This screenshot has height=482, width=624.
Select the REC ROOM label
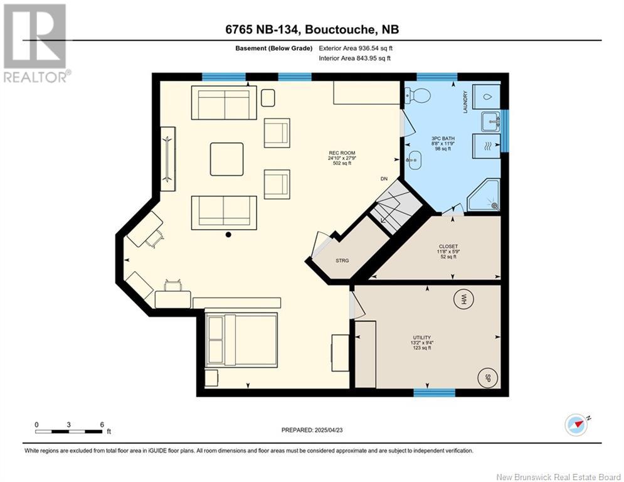342,153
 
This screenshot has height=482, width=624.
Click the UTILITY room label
422,338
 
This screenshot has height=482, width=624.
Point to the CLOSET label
448,247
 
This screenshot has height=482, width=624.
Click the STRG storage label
342,260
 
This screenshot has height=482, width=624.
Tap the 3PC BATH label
443,139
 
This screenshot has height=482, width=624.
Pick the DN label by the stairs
384,179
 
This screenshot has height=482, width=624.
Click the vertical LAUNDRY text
465,102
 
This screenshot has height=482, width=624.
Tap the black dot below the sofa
228,235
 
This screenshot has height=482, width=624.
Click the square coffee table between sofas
227,159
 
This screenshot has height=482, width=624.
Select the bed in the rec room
241,340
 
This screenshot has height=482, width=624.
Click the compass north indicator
576,425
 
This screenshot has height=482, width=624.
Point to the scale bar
68,431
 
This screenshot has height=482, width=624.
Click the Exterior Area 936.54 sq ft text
356,48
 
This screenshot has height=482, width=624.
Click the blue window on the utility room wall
434,393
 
